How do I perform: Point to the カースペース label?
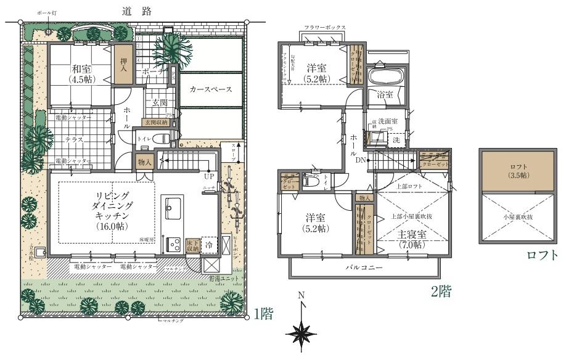pos(210,90)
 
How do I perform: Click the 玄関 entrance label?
pos(158,103)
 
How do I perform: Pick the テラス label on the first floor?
pos(74,140)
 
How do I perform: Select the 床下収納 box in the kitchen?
pos(192,244)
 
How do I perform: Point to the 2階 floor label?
pos(440,292)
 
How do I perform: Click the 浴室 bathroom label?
pos(385,96)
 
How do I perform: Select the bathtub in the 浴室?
pos(385,77)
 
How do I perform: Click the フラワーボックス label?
pos(325,28)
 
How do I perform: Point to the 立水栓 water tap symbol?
pos(39,253)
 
